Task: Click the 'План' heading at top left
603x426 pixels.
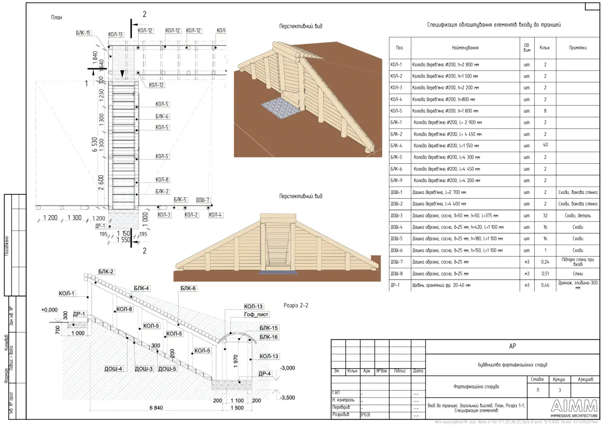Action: (57, 17)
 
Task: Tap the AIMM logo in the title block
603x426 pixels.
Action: (574, 406)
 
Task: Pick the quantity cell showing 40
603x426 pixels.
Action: (545, 145)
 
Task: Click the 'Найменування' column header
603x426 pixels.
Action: (464, 48)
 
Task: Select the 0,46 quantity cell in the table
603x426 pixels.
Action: (545, 285)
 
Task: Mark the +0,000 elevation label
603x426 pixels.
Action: (49, 310)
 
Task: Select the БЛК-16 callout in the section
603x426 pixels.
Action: (269, 337)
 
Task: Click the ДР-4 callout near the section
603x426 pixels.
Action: (265, 374)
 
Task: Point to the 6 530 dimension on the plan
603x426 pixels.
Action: (95, 146)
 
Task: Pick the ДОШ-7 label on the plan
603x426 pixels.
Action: (203, 200)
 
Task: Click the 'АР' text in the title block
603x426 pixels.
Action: (513, 346)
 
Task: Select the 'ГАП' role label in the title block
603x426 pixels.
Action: (336, 393)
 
